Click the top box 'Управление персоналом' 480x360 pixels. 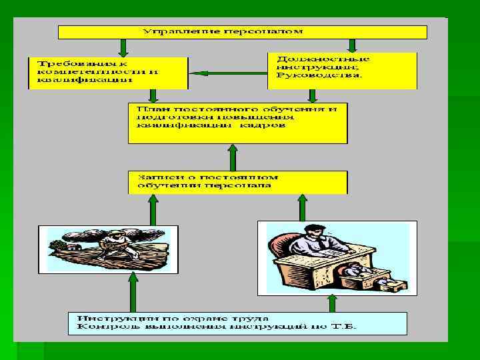pyautogui.click(x=242, y=32)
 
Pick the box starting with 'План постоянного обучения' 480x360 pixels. pyautogui.click(x=238, y=123)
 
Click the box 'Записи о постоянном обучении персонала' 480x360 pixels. pyautogui.click(x=238, y=181)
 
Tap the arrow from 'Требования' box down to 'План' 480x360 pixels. pyautogui.click(x=153, y=96)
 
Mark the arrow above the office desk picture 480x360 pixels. pyautogui.click(x=302, y=207)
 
